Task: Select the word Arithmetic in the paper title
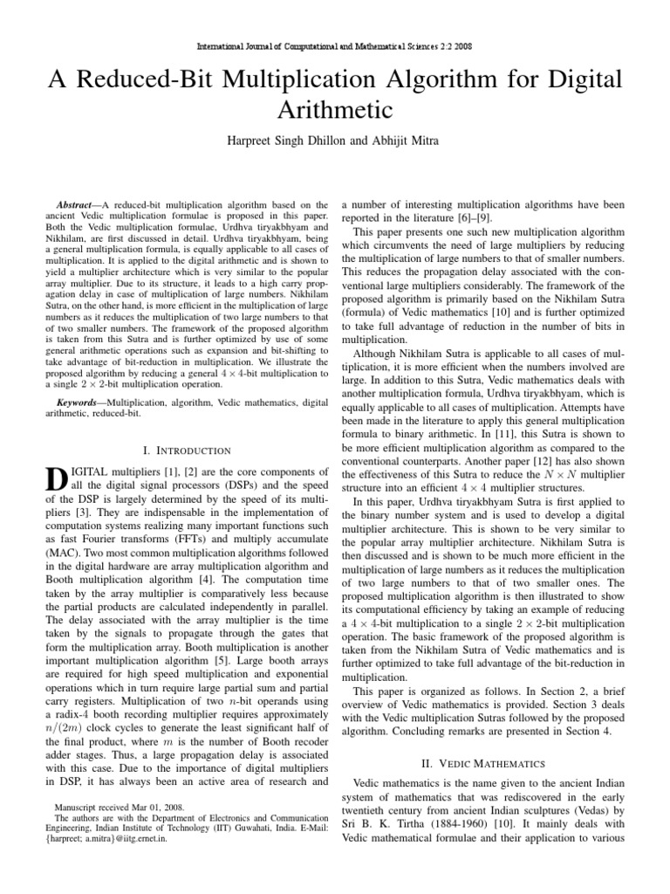[x=335, y=111]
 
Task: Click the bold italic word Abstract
[x=79, y=203]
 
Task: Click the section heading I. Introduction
[x=185, y=450]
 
